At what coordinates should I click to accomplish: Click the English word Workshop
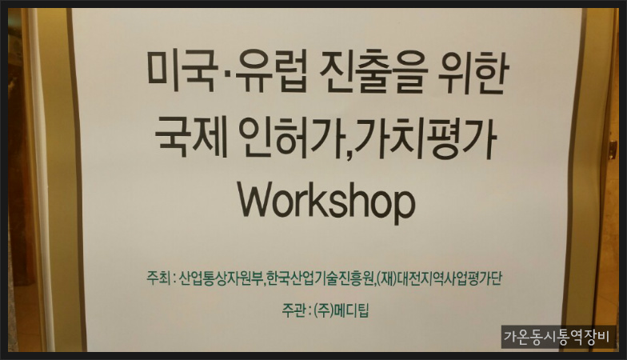pos(326,202)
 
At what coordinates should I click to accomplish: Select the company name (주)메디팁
pos(341,310)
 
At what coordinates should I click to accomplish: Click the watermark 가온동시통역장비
pos(557,336)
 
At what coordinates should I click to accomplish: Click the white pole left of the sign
pos(39,180)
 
